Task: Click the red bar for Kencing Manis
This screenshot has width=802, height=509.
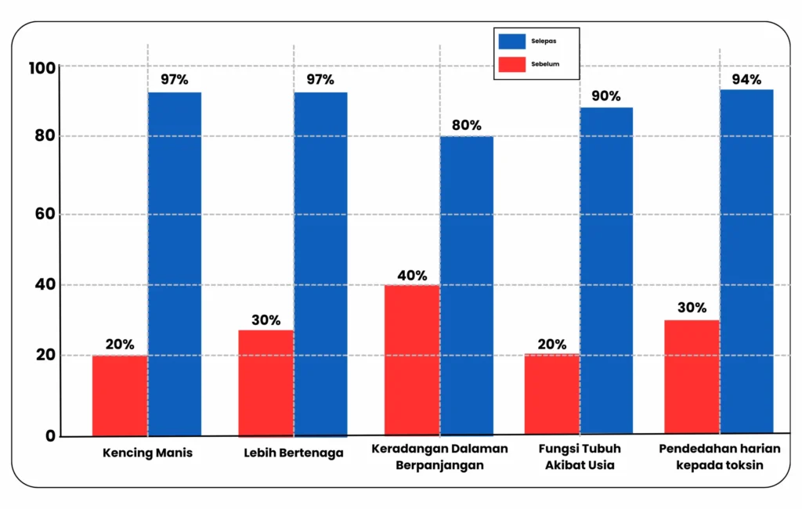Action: (120, 395)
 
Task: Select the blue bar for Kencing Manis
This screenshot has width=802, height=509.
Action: (175, 264)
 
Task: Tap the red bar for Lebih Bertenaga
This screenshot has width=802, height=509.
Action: (266, 383)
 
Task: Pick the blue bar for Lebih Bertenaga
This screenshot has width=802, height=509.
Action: (320, 265)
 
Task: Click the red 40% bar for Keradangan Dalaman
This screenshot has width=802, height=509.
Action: (412, 360)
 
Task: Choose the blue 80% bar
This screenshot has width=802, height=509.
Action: (467, 286)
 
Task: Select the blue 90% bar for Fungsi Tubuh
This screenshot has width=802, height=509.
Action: (607, 271)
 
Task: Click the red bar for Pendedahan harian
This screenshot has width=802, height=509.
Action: (692, 377)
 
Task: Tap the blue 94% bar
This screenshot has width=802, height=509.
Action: (746, 262)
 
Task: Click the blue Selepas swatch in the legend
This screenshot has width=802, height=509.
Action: (512, 42)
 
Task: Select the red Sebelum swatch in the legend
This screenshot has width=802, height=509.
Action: (512, 64)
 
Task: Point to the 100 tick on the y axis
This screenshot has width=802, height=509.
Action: (42, 67)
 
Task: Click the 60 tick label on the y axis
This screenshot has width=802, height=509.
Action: (45, 214)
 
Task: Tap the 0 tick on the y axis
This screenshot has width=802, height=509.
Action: (50, 436)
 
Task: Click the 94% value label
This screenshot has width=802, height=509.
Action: (746, 79)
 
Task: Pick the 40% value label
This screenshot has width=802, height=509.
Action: (412, 276)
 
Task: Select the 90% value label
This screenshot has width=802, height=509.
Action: (606, 96)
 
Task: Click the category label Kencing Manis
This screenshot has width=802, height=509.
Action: (148, 453)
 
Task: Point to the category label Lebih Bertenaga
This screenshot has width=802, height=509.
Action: (294, 453)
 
